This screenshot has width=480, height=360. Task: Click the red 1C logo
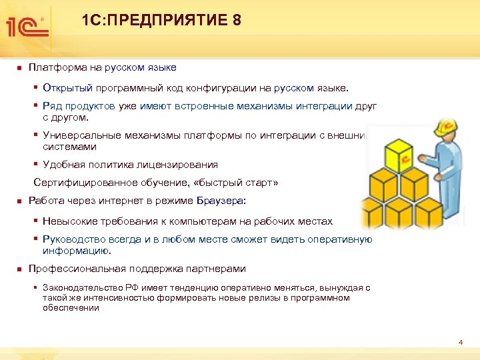(x=26, y=25)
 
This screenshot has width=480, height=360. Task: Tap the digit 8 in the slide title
(x=237, y=21)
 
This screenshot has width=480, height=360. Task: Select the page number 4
(x=460, y=342)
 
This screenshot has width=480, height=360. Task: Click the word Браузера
(x=221, y=201)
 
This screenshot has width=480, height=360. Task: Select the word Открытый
(x=65, y=87)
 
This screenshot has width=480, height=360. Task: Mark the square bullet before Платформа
(x=20, y=67)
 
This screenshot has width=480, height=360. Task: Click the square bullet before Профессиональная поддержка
(x=20, y=269)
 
